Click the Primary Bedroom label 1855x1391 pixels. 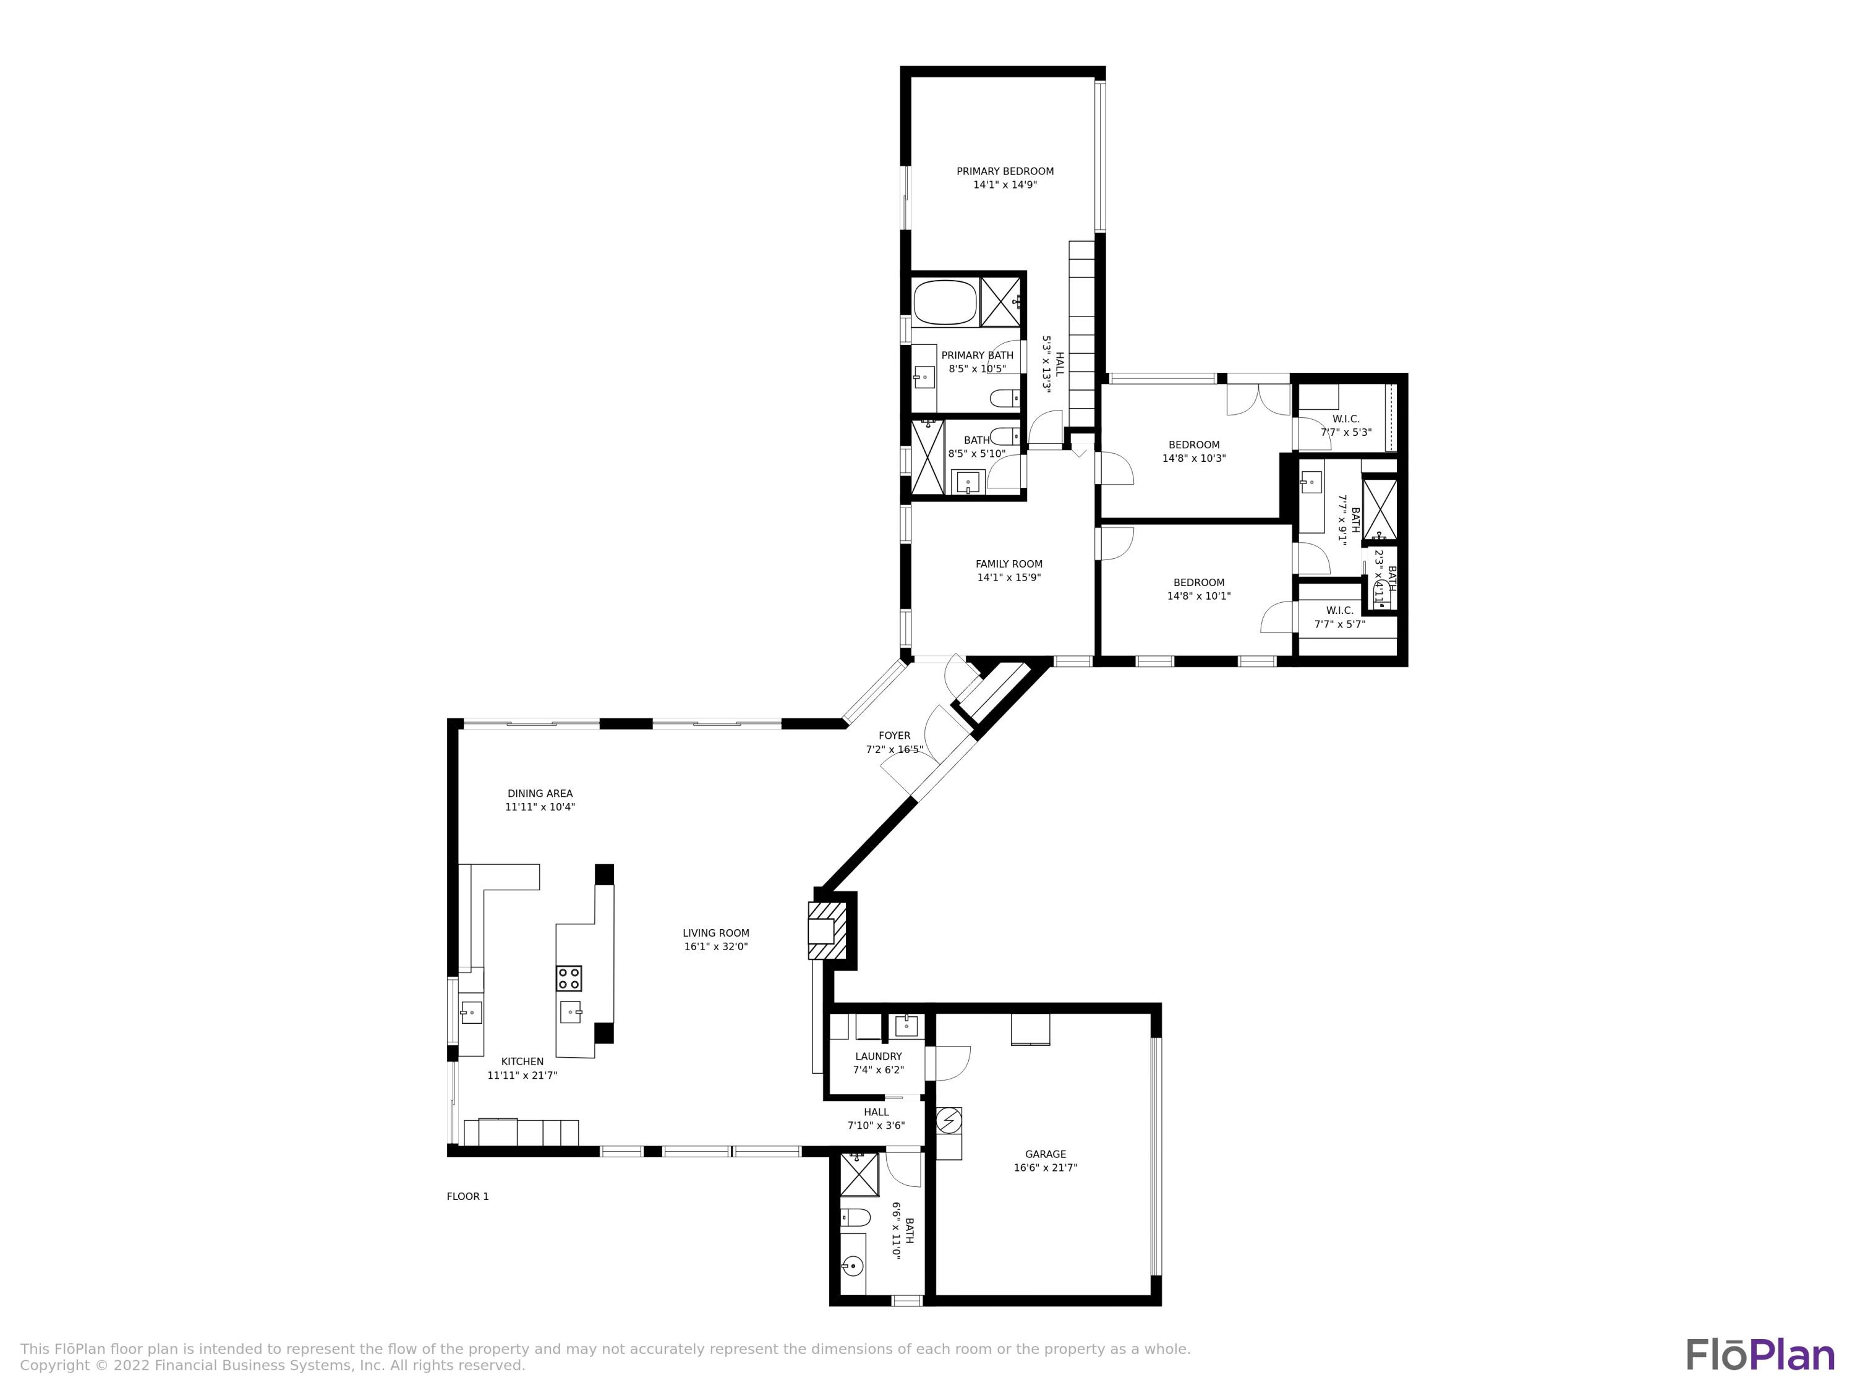pyautogui.click(x=1005, y=171)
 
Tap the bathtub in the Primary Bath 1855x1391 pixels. pyautogui.click(x=945, y=303)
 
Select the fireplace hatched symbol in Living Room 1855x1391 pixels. pyautogui.click(x=827, y=930)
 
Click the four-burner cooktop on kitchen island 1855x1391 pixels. pyautogui.click(x=569, y=977)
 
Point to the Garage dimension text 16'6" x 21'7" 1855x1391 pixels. pyautogui.click(x=1045, y=1167)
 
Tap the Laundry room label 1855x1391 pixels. pyautogui.click(x=878, y=1057)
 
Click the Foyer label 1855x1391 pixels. pyautogui.click(x=894, y=735)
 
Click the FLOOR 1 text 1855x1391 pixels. pyautogui.click(x=467, y=1196)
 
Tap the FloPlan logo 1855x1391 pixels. pyautogui.click(x=1759, y=1355)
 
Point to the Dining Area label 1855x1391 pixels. pyautogui.click(x=539, y=793)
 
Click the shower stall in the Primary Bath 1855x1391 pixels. pyautogui.click(x=1000, y=301)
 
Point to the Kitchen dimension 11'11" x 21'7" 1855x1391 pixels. pyautogui.click(x=522, y=1075)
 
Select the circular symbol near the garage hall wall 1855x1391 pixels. pyautogui.click(x=949, y=1120)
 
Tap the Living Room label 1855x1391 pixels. pyautogui.click(x=715, y=932)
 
